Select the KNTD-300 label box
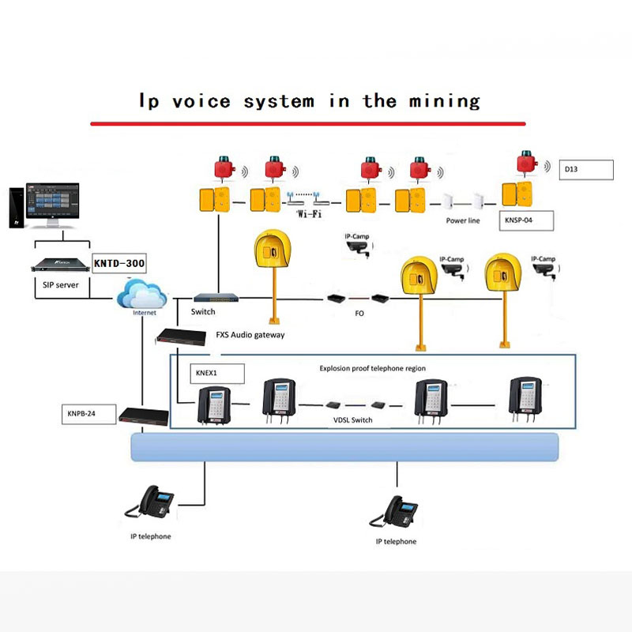[119, 264]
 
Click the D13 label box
[586, 169]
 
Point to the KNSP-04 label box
[527, 220]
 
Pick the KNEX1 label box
[216, 373]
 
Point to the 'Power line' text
[463, 221]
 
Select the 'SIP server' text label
[55, 284]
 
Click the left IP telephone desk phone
[150, 502]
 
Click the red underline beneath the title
[308, 123]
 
